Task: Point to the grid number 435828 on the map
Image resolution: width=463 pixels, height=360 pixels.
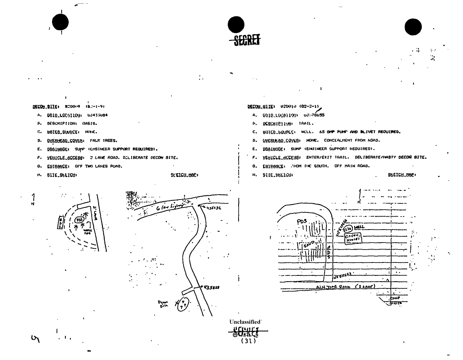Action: (212, 287)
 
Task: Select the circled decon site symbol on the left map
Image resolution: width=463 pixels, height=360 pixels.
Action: (182, 305)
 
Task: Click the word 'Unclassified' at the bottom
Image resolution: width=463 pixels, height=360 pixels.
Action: (245, 322)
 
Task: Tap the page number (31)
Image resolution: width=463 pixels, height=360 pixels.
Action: (249, 341)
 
